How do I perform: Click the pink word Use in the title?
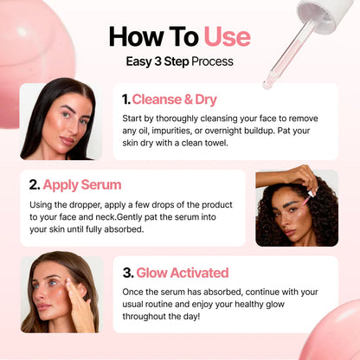coord(227,36)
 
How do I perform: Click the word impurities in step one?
coord(173,129)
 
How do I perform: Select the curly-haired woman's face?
coord(292,209)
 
